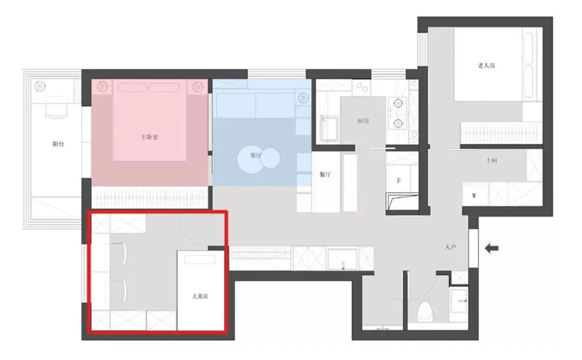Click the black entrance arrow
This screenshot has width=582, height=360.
492,248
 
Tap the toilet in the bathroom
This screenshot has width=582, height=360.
425,311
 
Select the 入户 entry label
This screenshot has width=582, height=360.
450,247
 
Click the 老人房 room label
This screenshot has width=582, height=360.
486,66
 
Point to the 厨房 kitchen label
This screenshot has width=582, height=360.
363,121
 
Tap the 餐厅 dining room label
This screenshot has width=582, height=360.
325,174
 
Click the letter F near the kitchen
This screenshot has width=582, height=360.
399,181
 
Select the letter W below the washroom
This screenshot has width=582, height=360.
474,196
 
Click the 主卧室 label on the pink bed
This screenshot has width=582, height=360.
149,137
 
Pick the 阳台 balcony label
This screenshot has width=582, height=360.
58,144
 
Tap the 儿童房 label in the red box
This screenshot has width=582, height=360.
200,296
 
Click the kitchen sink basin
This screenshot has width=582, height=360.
330,128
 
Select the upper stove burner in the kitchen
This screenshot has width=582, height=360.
398,102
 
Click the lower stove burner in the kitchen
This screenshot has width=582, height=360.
398,122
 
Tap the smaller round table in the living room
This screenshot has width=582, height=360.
270,157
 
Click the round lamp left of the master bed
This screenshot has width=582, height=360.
102,87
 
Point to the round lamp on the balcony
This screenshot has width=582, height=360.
40,87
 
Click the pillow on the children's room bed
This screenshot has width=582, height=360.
200,259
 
